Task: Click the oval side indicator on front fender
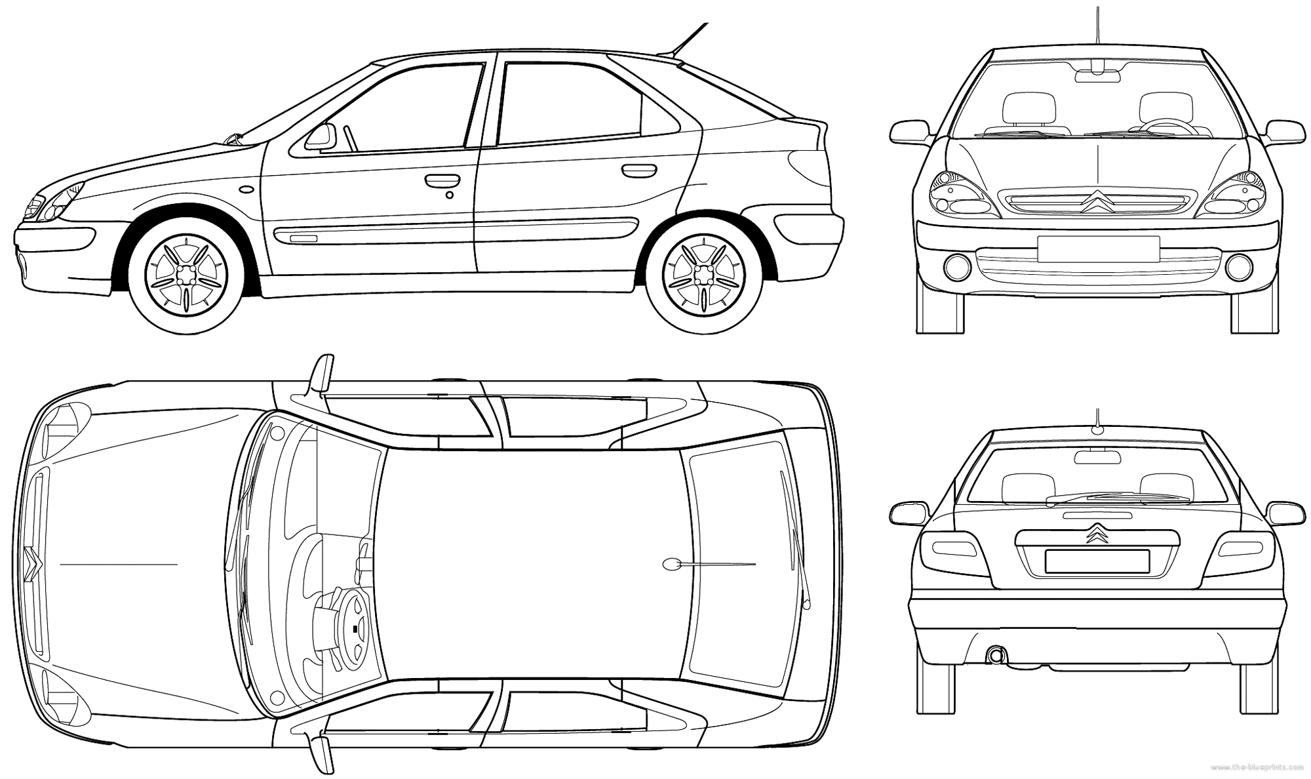click(247, 189)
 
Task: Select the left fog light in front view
click(958, 266)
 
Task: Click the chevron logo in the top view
click(31, 563)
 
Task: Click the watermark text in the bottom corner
click(1260, 767)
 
